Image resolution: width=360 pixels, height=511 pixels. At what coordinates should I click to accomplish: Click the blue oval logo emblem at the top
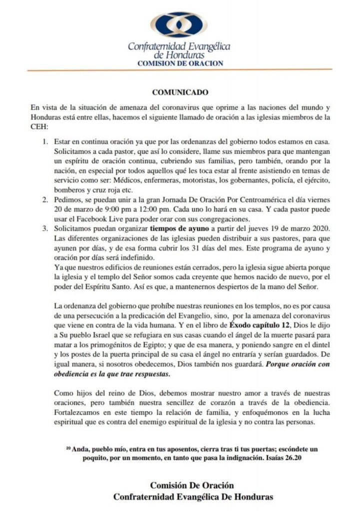coord(179,25)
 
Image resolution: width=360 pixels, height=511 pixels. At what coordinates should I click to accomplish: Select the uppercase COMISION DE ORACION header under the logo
coord(180,63)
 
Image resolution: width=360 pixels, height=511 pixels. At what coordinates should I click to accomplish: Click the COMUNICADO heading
coord(179,92)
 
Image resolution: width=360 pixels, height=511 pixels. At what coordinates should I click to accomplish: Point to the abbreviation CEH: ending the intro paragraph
coord(39,127)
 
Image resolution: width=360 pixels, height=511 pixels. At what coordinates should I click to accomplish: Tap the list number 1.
coord(44,142)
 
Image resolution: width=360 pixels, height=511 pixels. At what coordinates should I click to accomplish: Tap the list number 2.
coord(44,199)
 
